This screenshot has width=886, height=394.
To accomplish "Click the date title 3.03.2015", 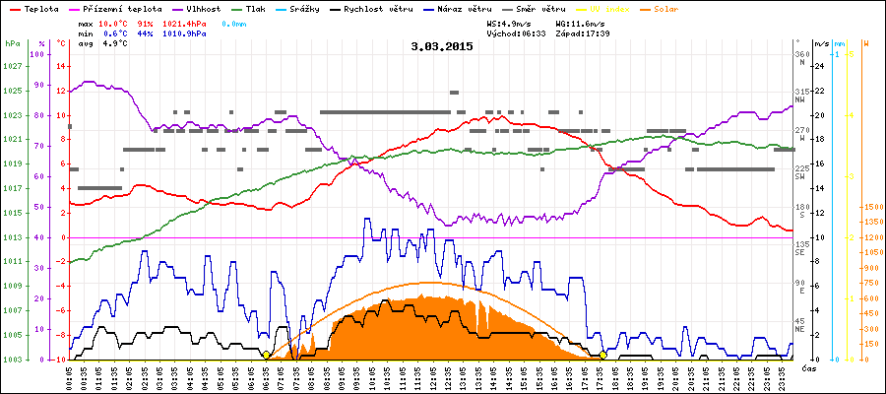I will (442, 46).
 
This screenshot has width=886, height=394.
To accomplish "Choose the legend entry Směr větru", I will (538, 9).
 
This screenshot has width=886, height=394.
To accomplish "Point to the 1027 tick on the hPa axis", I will (12, 66).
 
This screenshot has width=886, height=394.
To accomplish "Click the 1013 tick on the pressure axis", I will (12, 237).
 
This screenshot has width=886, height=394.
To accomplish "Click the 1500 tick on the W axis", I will (871, 207).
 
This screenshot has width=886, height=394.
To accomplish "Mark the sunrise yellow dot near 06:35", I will (267, 355).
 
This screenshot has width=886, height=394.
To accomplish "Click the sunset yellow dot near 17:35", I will (603, 355).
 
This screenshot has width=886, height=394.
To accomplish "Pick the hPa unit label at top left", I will (12, 44).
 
